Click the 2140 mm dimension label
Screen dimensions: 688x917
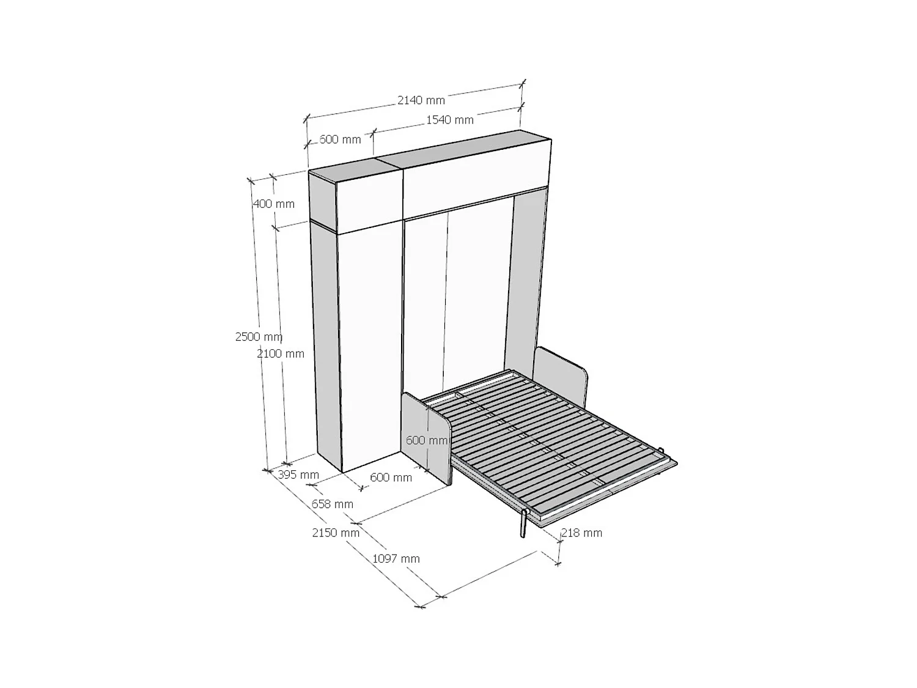pos(421,100)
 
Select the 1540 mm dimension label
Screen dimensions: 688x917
pos(449,120)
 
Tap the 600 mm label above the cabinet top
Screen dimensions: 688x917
pos(340,139)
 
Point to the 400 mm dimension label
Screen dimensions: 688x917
pos(273,204)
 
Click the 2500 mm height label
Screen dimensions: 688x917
pos(259,336)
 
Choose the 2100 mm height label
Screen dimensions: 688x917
pos(281,353)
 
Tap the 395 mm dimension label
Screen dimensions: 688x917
pos(298,475)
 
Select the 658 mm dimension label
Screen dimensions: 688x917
pos(333,504)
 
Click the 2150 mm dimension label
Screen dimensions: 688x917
pos(336,533)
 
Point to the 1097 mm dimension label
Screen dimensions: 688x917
pos(396,558)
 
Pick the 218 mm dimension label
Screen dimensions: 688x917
pos(581,533)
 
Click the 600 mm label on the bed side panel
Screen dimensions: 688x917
pos(427,440)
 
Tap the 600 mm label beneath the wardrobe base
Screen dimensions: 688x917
pos(391,477)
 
